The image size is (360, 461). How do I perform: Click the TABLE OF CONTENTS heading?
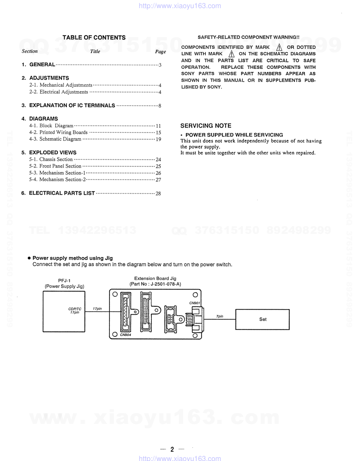click(x=94, y=37)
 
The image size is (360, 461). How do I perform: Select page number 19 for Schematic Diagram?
click(x=158, y=139)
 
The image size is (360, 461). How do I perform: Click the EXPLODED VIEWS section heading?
click(x=53, y=152)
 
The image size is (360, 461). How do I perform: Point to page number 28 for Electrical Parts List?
click(x=158, y=193)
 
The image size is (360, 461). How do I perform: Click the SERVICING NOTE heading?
click(x=206, y=126)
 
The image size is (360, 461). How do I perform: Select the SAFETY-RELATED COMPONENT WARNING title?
click(x=248, y=37)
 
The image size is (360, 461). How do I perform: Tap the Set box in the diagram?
click(x=263, y=319)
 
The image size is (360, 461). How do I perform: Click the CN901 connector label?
click(x=194, y=303)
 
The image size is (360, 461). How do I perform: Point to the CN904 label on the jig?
click(x=125, y=335)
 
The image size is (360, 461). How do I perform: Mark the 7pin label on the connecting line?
click(x=220, y=316)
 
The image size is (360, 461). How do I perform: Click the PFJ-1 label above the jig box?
click(x=64, y=281)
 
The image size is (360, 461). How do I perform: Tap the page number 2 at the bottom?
click(x=172, y=449)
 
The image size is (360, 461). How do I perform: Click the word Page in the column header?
click(x=160, y=51)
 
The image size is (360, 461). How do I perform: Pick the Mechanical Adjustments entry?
click(x=66, y=85)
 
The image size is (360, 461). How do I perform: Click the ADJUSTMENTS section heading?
click(x=49, y=78)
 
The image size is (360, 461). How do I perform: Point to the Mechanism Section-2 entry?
click(x=62, y=180)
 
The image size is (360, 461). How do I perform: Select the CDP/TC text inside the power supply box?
click(x=75, y=309)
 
